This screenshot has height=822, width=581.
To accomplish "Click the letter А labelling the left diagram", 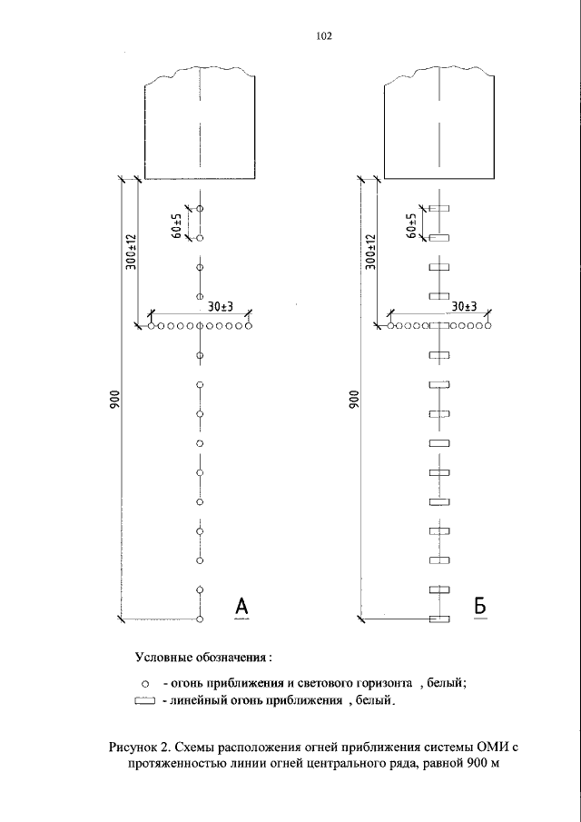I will click(241, 606).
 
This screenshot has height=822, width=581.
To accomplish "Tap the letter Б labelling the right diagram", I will click(481, 606).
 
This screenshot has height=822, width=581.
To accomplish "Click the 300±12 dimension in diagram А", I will click(131, 252).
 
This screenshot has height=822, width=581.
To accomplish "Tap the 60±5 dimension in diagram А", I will click(178, 223).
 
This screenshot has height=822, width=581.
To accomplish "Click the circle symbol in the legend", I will click(145, 681).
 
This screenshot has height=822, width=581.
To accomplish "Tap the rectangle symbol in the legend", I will click(145, 700).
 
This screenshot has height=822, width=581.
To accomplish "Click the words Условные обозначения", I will click(203, 655).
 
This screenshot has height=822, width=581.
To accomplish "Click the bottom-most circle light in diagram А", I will click(199, 619).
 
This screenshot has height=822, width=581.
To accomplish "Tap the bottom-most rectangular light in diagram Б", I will click(438, 619).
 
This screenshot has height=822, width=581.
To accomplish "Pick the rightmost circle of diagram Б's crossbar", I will click(487, 325).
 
